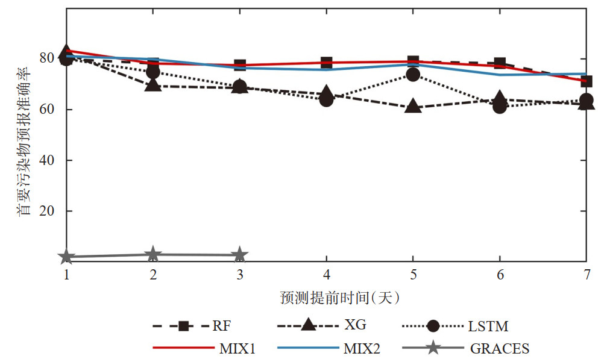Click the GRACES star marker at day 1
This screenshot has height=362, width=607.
(x=67, y=257)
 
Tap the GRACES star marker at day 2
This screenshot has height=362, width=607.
(x=153, y=254)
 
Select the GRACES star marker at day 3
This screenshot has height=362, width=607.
(x=240, y=255)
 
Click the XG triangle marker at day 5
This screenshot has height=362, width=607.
(x=413, y=107)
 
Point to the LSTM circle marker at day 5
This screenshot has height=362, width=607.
(x=413, y=75)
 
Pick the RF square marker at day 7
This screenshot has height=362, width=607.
(x=586, y=81)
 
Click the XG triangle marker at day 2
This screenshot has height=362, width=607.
(x=153, y=85)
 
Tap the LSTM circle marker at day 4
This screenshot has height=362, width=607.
(x=326, y=99)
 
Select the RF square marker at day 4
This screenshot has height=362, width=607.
(x=326, y=63)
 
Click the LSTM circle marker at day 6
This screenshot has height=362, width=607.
(x=500, y=107)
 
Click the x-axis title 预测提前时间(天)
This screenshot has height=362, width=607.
(x=341, y=298)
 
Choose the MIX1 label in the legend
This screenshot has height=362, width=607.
(x=236, y=348)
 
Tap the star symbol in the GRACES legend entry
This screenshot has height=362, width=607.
(x=432, y=348)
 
